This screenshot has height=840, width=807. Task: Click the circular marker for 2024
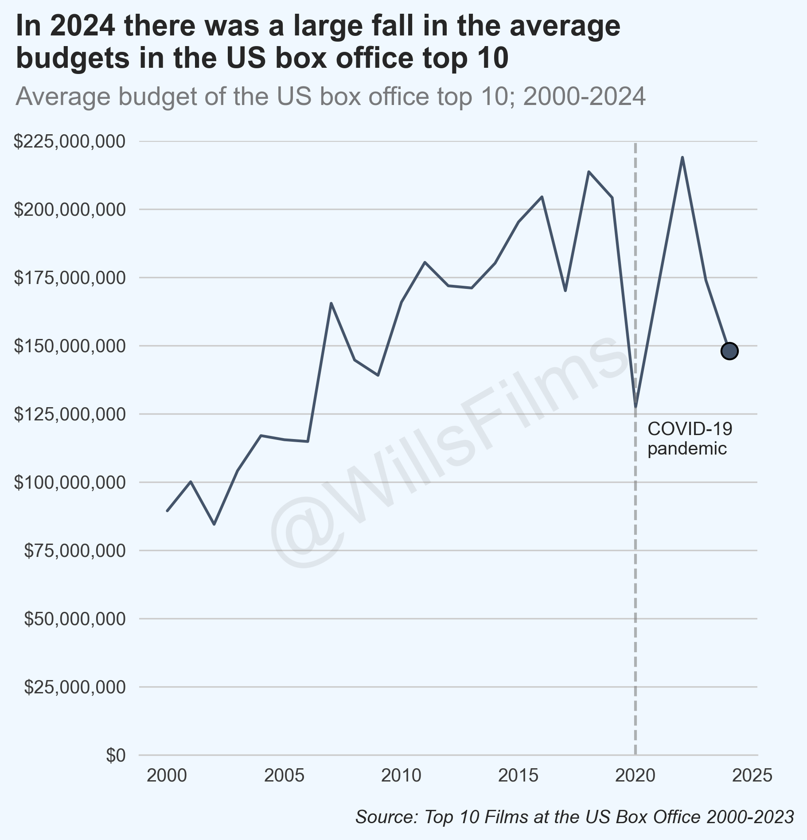(729, 351)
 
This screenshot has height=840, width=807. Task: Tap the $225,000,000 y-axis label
(70, 142)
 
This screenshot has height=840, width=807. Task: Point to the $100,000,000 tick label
(70, 482)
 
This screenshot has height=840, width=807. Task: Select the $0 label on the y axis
(116, 755)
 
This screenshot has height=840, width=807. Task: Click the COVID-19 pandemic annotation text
(689, 439)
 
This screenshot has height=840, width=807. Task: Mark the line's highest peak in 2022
(682, 158)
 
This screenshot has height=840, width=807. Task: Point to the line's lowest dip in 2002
(214, 524)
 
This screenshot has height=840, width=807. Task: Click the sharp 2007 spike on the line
(331, 303)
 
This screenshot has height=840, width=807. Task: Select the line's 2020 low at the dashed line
(635, 406)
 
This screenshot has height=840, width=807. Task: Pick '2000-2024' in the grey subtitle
(584, 96)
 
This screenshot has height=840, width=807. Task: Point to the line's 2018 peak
(589, 172)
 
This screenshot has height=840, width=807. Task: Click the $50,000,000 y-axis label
(74, 619)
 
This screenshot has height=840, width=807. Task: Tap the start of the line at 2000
(168, 511)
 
